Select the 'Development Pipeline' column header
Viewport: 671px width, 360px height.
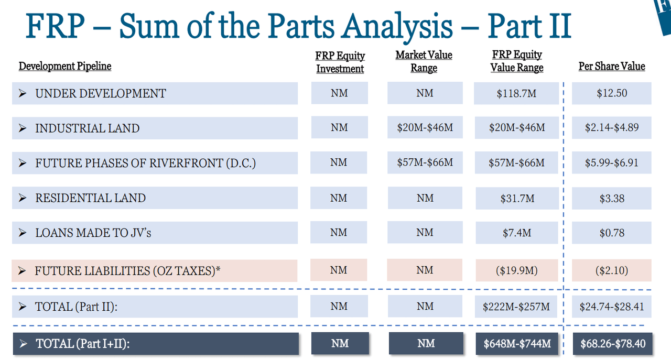(65, 66)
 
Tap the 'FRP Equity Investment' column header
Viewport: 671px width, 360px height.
(340, 62)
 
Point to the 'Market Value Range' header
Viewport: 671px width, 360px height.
(424, 61)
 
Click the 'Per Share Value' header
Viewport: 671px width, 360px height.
(612, 66)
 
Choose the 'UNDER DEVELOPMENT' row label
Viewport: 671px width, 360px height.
(101, 94)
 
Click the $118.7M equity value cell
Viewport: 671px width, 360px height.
(517, 94)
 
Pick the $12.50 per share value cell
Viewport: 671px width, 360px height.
(612, 93)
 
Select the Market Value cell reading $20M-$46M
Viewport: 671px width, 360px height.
(425, 127)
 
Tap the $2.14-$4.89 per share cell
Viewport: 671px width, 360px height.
(612, 127)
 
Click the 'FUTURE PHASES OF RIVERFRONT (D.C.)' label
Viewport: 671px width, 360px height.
(145, 163)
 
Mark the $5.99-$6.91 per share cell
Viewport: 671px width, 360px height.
(612, 162)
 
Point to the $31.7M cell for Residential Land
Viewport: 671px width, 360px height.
(517, 198)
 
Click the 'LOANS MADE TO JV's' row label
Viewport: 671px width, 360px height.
(93, 233)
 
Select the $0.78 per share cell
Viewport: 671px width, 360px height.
(612, 233)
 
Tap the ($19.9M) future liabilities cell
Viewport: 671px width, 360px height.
(517, 270)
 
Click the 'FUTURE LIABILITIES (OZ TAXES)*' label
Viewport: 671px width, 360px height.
(127, 271)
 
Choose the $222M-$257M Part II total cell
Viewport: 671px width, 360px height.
(517, 307)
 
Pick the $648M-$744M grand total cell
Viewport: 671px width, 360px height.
(517, 344)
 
